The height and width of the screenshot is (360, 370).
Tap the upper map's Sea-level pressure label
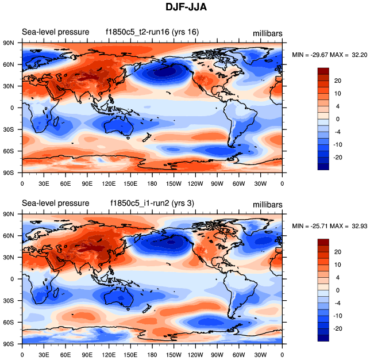(x=55, y=32)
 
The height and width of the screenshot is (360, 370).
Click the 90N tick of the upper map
(x=9, y=43)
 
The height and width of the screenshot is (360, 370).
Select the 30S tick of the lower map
(x=9, y=301)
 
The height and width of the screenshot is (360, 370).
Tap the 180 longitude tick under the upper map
(x=152, y=183)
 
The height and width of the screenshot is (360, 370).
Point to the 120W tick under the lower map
(x=195, y=355)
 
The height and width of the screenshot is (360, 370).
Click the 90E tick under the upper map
(x=87, y=183)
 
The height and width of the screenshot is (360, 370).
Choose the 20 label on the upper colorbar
(x=338, y=81)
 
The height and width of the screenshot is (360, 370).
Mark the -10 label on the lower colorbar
(x=338, y=316)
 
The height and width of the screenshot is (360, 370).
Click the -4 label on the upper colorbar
(x=338, y=131)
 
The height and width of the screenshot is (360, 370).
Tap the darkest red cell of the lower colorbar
(x=323, y=242)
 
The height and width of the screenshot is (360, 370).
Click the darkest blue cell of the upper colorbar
(x=323, y=167)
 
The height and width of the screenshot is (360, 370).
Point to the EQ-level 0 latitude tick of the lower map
(x=11, y=279)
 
